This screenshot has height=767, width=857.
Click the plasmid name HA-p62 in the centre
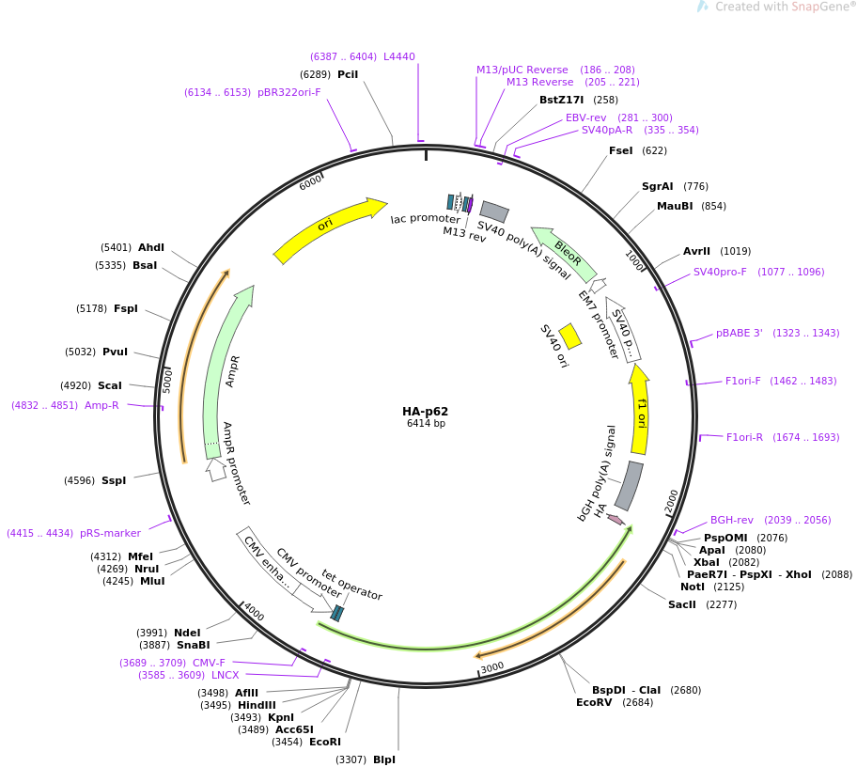point(426,411)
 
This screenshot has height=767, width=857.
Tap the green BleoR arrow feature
point(565,253)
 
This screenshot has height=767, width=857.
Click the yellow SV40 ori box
point(569,336)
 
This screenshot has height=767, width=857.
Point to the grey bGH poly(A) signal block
point(630,485)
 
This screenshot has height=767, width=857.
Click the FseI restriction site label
point(621,150)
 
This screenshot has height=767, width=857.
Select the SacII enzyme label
point(682,604)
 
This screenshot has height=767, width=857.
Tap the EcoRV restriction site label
point(594,702)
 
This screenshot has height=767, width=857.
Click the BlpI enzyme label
point(384,759)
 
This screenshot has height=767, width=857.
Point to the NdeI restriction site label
point(187,633)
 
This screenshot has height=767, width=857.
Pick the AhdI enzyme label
point(151,247)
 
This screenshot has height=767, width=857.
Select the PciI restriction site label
point(348,74)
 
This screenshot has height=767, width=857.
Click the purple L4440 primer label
point(399,56)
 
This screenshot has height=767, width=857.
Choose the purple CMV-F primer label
point(210,663)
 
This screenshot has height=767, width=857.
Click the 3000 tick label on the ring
point(492,667)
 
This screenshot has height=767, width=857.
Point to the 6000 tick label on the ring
point(310,182)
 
